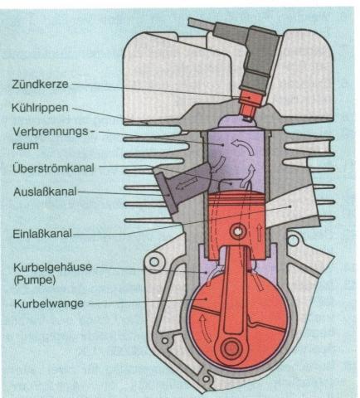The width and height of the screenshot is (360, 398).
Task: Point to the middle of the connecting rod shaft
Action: (x=235, y=286)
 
